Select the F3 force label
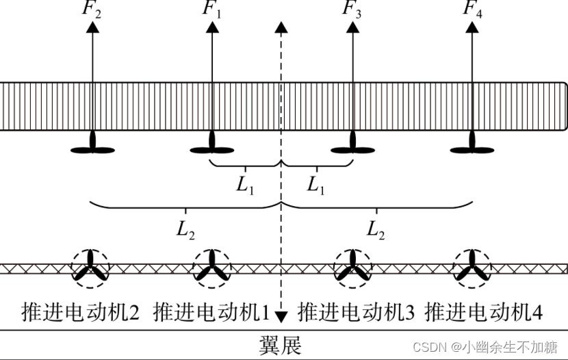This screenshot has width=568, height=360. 352,10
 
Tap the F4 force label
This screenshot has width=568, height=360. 473,10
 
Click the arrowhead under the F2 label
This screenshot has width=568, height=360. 92,27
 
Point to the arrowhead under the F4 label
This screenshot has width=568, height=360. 472,27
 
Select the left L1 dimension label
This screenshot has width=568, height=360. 246,185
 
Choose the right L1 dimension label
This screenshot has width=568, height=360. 315,185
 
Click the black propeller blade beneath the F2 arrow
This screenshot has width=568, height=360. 93,147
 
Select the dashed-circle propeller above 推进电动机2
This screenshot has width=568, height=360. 90,268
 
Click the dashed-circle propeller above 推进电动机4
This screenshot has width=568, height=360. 472,268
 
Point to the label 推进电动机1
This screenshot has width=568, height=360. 212,312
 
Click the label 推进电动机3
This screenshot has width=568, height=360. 356,312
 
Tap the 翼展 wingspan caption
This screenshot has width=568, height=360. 280,345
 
